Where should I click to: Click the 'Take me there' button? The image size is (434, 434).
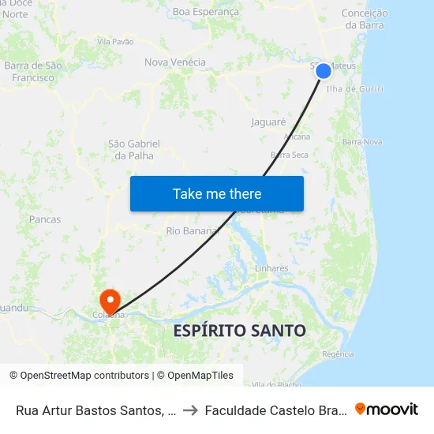(x=217, y=194)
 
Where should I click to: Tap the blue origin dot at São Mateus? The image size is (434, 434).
(x=324, y=71)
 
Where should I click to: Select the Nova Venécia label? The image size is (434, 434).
(x=175, y=62)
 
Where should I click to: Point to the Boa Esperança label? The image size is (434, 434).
(x=205, y=12)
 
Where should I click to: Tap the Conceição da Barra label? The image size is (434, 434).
(x=364, y=19)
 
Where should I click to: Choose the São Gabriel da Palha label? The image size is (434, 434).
(x=134, y=149)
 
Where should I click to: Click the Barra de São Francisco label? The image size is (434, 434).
(x=33, y=72)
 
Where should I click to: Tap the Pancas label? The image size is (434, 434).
(x=45, y=219)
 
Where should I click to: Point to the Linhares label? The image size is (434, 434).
(x=271, y=268)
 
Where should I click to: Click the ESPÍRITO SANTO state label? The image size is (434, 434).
(x=240, y=331)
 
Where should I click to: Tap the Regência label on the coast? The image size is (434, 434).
(x=338, y=354)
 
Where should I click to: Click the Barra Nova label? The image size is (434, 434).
(x=363, y=142)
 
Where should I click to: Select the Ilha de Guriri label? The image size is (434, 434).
(x=359, y=89)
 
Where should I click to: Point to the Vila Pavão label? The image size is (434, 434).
(x=115, y=41)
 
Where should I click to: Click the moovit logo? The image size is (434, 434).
(x=387, y=409)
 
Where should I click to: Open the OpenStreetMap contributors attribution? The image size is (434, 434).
(x=84, y=376)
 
